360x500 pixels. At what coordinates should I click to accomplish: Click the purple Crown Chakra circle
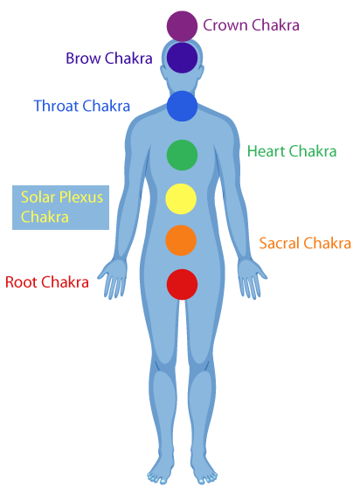182,26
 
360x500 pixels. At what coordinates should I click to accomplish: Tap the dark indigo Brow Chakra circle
182,58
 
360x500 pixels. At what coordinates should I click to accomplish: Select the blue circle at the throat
182,106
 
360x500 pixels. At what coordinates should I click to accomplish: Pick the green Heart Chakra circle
182,155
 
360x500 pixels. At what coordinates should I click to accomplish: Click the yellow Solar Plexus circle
181,198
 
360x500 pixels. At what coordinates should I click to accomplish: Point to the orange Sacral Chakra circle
181,240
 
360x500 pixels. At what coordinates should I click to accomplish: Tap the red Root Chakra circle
182,284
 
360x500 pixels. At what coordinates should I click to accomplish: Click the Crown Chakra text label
251,25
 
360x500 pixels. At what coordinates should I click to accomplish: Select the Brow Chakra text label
109,58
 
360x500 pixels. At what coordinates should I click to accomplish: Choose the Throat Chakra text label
82,106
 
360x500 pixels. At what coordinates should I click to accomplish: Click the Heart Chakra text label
292,151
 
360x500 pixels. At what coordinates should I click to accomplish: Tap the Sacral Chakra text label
305,243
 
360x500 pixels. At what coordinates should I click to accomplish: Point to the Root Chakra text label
47,282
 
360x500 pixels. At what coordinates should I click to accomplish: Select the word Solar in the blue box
38,197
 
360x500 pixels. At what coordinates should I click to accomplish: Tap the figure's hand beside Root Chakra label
113,279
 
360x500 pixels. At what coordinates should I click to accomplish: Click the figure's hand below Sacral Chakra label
252,279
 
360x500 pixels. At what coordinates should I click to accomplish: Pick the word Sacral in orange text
280,243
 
